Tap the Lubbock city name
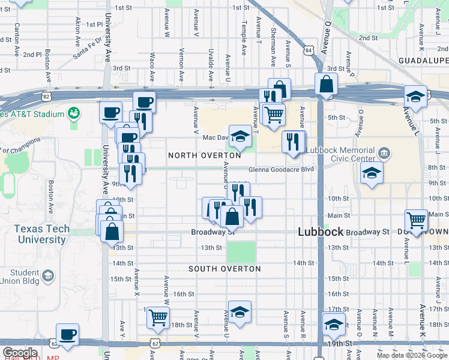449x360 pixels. click(321, 232)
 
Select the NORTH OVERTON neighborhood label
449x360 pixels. click(204, 155)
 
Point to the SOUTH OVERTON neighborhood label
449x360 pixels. click(224, 269)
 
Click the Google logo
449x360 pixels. click(20, 353)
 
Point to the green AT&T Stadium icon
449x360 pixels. click(74, 113)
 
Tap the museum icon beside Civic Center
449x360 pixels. click(384, 154)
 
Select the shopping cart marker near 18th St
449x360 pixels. click(158, 317)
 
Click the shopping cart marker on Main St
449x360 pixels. click(415, 220)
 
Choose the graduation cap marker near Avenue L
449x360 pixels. click(415, 96)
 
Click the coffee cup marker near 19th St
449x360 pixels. click(67, 334)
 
